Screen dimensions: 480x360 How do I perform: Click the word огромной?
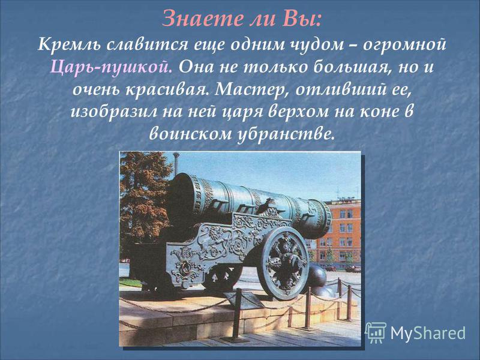tap(404, 46)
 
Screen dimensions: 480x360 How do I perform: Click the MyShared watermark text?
tap(428, 333)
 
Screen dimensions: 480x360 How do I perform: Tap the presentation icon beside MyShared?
tap(376, 332)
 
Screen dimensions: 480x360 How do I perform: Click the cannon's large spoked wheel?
tap(284, 263)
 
